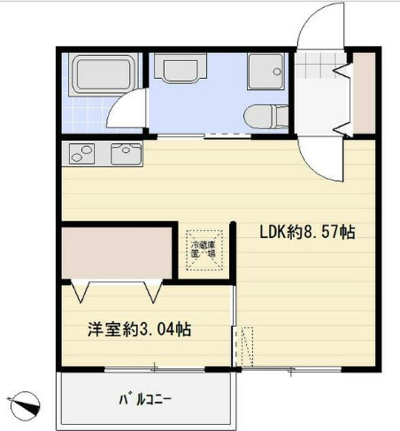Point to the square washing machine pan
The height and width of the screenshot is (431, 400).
(265, 71)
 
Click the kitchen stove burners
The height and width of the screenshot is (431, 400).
(81, 154)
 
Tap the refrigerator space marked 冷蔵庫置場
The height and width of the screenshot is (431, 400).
(204, 245)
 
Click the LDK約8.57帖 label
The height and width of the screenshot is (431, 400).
(307, 233)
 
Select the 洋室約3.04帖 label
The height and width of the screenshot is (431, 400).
(139, 330)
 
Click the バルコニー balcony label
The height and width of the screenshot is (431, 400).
(146, 397)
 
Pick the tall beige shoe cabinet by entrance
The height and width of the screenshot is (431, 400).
(364, 93)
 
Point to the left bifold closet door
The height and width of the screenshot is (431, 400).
(81, 289)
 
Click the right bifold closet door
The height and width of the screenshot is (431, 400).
(151, 289)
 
